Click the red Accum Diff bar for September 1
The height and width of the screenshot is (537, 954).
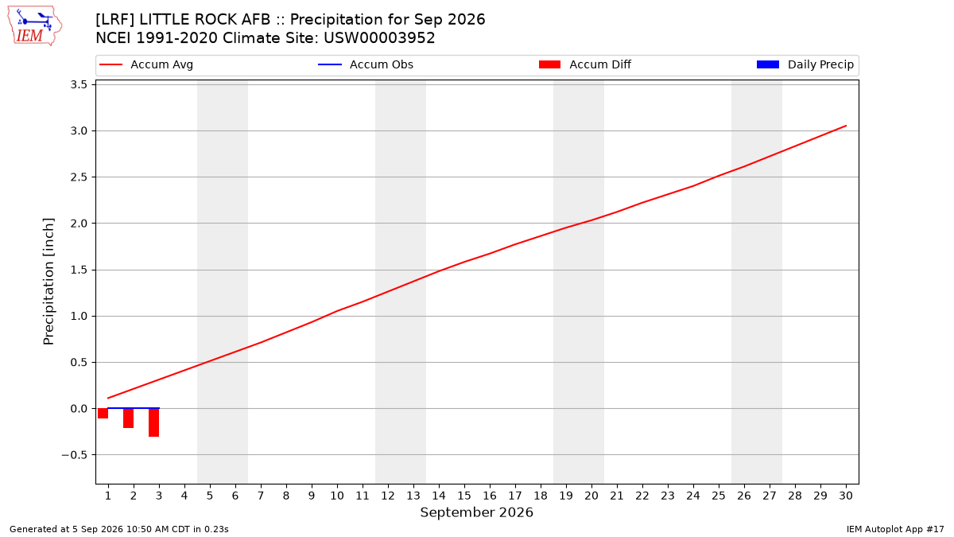coord(103,413)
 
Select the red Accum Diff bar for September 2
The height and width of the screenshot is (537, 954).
coord(128,418)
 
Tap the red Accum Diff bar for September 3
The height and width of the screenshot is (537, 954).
coord(153,422)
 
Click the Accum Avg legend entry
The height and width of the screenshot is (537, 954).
coord(146,64)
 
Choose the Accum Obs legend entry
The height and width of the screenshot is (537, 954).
coord(366,64)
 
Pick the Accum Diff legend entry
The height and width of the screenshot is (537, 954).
coord(585,64)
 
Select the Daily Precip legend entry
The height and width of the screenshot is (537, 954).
coord(805,64)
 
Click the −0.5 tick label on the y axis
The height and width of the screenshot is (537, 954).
coord(75,455)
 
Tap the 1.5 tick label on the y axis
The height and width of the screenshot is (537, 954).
coord(79,270)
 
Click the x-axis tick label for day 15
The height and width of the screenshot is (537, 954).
coord(464,496)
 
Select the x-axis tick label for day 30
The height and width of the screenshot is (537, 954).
coord(846,496)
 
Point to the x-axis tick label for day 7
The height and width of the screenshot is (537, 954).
coord(261,496)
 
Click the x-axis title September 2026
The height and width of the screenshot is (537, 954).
coord(476,512)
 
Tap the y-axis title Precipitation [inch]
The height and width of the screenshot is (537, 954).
coord(48,282)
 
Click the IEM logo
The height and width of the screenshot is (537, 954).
coord(35,26)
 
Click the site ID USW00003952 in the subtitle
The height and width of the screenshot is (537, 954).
coord(379,38)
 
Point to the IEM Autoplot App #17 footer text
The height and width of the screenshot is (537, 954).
coord(895,529)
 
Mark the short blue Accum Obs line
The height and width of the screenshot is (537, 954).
coord(134,408)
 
